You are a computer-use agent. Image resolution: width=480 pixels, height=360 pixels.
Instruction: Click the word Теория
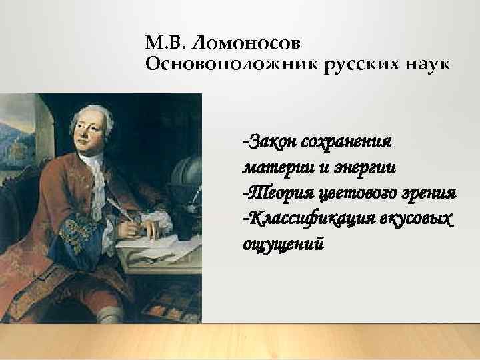[x=273, y=192]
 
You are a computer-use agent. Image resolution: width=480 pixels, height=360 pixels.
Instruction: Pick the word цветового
[x=350, y=192]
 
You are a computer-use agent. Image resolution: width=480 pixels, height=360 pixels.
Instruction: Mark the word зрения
[x=427, y=192]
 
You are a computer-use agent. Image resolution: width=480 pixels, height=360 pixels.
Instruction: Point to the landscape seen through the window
[x=17, y=140]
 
